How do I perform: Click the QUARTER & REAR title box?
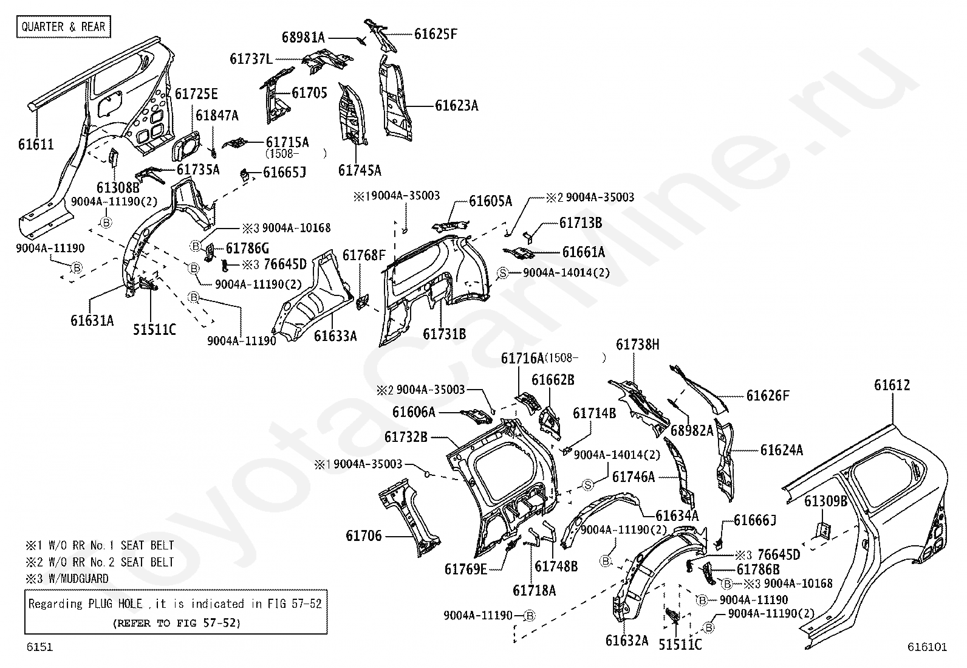click(x=64, y=27)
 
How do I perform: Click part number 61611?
click(x=36, y=145)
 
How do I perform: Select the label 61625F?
click(x=436, y=34)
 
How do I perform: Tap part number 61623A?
click(x=456, y=106)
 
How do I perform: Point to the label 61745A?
click(x=360, y=170)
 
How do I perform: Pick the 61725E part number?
click(x=196, y=94)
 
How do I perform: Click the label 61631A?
click(x=92, y=320)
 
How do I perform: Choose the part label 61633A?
click(x=335, y=336)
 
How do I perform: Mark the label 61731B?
click(x=444, y=334)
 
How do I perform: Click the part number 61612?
click(x=892, y=385)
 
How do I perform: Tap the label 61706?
click(x=364, y=535)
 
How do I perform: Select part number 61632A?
click(x=626, y=640)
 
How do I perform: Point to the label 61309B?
click(x=825, y=501)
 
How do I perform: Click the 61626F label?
click(x=768, y=396)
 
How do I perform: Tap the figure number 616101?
click(x=928, y=647)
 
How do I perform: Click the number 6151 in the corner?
click(x=39, y=647)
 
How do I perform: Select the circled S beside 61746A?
click(x=587, y=484)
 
